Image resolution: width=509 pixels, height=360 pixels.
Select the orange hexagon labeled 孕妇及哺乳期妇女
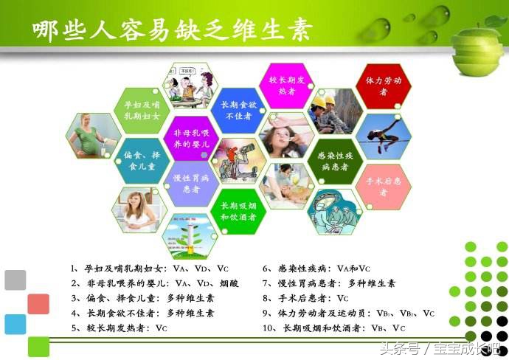pyautogui.click(x=142, y=110)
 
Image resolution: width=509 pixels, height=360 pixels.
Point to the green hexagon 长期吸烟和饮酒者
pyautogui.click(x=237, y=211)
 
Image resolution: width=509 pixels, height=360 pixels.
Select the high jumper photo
pyautogui.click(x=383, y=136)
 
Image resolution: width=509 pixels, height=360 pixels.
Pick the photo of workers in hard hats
pyautogui.click(x=334, y=111)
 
